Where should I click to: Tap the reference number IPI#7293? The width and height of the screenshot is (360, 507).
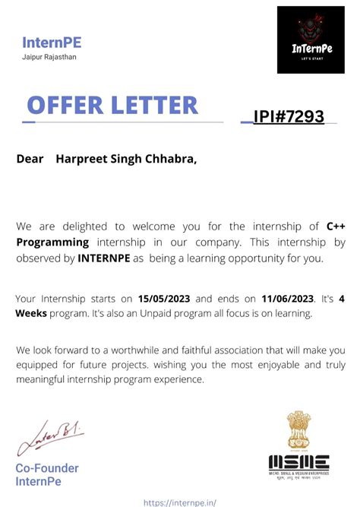pos(289,116)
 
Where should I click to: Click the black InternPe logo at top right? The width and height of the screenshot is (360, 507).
pos(311,40)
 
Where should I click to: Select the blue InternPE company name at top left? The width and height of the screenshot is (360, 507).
pos(52,43)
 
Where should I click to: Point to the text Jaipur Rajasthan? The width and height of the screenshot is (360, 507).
pos(49,57)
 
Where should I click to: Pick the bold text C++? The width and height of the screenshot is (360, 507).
pos(336,226)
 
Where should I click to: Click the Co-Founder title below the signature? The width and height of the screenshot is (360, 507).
pos(46,468)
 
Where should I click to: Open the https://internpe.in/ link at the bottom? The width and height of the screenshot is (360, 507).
pos(179,502)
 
